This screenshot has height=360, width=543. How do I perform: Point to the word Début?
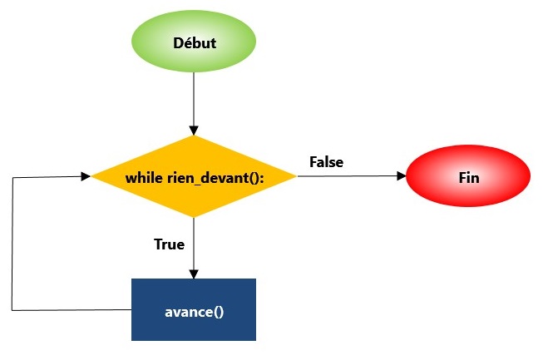(194, 42)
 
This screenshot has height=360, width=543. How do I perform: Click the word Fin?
(468, 178)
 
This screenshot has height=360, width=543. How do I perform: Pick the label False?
(326, 161)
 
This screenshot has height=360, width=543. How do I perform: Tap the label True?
(169, 244)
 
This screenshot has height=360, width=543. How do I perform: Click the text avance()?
(194, 311)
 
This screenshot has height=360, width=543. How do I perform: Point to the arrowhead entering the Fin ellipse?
(401, 175)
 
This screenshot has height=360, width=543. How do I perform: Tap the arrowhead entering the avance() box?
(194, 274)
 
